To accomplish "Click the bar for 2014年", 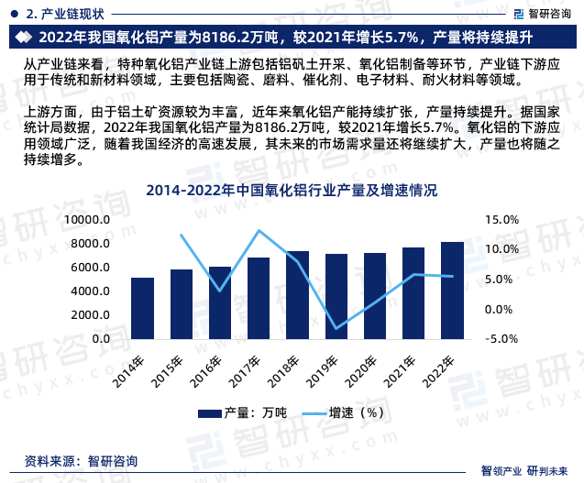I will [x=143, y=308].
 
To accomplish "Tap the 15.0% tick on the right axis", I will [x=501, y=220].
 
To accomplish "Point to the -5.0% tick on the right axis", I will [x=501, y=339].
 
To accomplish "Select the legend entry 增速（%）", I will [x=344, y=412].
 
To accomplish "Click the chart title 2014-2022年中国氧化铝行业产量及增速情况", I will [x=291, y=192].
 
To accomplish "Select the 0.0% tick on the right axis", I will [x=502, y=309].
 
